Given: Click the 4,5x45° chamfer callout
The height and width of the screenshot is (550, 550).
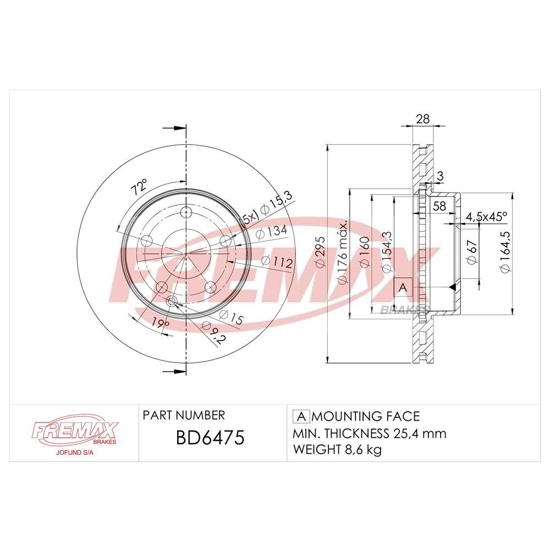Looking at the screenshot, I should (x=486, y=217).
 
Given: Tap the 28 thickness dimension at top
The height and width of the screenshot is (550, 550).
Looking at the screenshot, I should (x=422, y=118).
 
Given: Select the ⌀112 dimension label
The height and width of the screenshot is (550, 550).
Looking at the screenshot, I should (x=276, y=262).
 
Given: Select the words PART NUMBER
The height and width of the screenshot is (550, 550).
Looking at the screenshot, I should (x=183, y=415).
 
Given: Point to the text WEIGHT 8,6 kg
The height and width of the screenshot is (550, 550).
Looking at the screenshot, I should (x=337, y=450).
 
